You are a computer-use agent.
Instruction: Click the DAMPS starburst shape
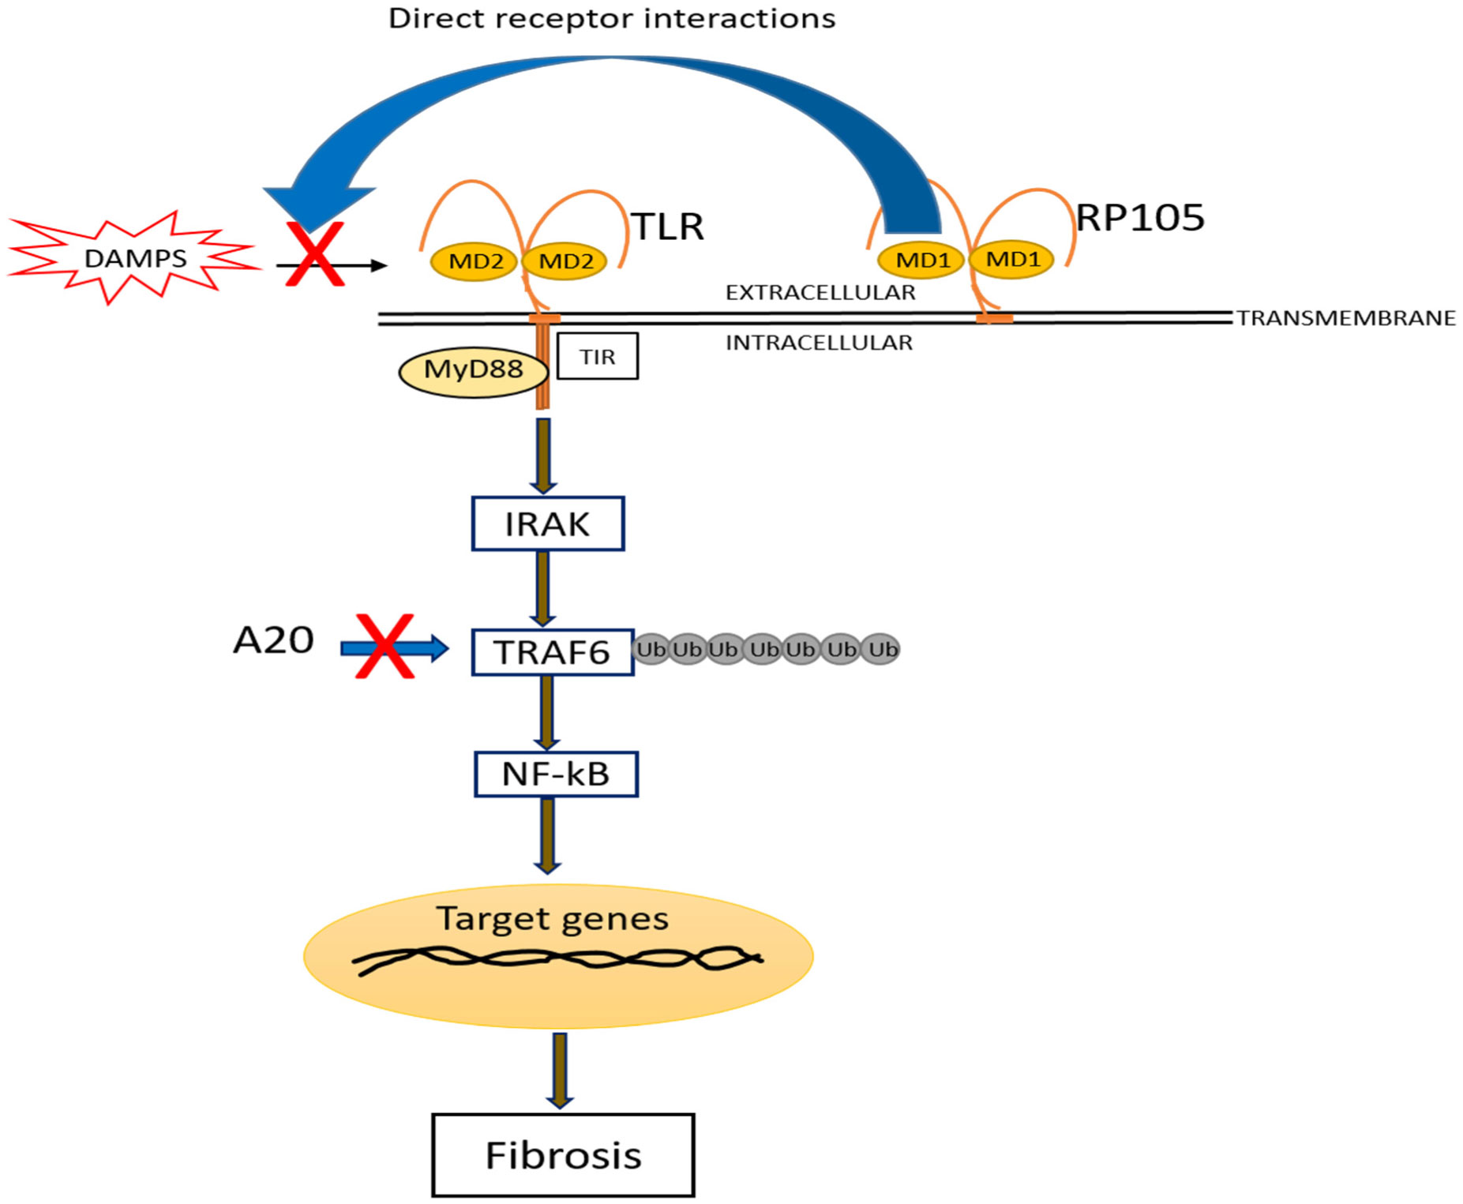[135, 257]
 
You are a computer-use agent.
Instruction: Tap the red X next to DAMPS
[314, 253]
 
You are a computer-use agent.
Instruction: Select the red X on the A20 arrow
[385, 647]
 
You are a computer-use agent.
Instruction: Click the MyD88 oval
[473, 369]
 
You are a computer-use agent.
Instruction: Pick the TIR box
[598, 357]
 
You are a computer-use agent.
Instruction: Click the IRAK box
[548, 524]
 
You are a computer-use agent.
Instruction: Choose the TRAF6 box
[553, 652]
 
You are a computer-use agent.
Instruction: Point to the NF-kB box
[556, 775]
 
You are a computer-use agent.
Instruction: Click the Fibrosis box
[564, 1155]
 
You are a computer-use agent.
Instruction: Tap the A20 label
[273, 640]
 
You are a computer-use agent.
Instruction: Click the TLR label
[668, 227]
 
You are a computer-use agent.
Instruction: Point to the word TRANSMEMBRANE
[1346, 318]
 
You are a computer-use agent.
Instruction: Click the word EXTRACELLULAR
[820, 293]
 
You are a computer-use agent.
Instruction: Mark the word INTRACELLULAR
[819, 343]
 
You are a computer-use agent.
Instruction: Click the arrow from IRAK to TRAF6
[542, 589]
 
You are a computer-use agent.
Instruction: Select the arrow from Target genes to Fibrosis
[560, 1070]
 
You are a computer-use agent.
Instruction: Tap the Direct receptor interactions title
[612, 18]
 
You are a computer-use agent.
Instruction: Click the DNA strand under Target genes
[557, 960]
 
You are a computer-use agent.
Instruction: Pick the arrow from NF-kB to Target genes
[547, 835]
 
